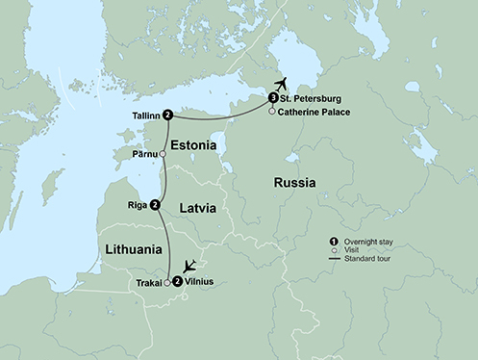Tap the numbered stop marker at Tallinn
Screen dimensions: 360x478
point(168,115)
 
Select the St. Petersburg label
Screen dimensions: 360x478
point(313,98)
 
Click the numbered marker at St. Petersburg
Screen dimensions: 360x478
point(273,98)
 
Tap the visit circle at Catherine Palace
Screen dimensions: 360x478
point(273,112)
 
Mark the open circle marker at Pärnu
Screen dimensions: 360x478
point(164,153)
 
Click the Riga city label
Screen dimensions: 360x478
point(135,204)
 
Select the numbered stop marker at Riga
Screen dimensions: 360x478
point(155,204)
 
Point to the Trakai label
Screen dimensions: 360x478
point(147,283)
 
